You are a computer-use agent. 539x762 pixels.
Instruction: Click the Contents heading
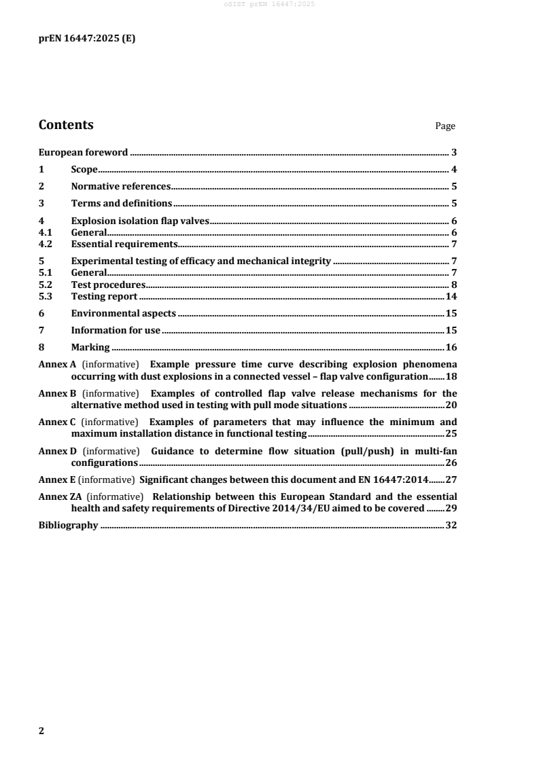click(x=66, y=125)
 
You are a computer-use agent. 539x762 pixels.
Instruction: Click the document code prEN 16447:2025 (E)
click(x=86, y=39)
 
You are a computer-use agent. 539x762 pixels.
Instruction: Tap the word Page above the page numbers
click(x=445, y=126)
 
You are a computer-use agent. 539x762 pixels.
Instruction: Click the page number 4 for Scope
click(x=453, y=170)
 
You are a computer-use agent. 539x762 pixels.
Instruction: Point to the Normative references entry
click(x=120, y=186)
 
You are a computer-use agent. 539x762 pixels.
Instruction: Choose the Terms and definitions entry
click(x=121, y=203)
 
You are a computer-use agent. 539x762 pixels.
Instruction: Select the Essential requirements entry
click(x=124, y=244)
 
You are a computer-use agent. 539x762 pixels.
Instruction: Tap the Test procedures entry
click(x=108, y=285)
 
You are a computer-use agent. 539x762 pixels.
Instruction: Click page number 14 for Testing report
click(x=450, y=297)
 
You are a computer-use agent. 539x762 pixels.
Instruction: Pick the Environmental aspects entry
click(x=123, y=314)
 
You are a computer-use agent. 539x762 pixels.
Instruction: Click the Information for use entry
click(x=116, y=331)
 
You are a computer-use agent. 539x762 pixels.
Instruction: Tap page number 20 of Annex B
click(x=450, y=405)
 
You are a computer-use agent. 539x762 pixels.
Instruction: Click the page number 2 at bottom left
click(x=41, y=731)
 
